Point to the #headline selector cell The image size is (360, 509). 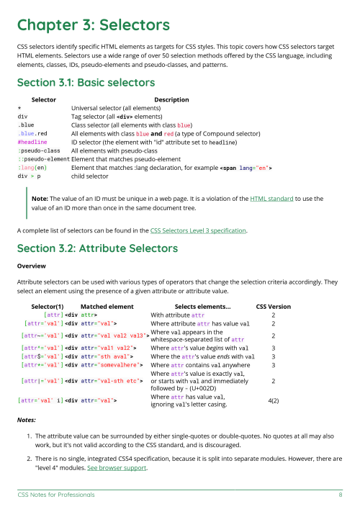point(33,143)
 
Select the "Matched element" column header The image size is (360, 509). point(107,306)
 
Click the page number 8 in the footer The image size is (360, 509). point(340,495)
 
